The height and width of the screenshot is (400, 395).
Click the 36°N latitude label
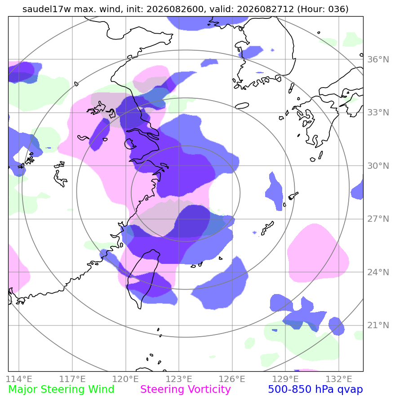378,59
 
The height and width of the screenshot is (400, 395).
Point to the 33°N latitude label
378,113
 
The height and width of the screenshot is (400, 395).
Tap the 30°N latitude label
378,166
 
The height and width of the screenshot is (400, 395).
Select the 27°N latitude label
378,219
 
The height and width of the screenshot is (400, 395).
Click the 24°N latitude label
378,272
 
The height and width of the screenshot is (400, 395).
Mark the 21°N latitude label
378,325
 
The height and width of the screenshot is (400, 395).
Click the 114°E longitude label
19,379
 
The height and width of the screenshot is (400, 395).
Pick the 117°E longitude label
72,379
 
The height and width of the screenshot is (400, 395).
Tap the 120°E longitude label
126,379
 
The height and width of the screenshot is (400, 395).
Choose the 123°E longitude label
179,379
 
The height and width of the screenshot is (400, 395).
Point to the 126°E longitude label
232,379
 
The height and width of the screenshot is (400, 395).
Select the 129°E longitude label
285,379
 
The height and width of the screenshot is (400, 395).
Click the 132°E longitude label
338,379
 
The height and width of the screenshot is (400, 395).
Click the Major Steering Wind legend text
61,390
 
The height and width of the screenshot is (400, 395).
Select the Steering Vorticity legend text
186,390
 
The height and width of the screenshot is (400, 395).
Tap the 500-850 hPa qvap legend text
315,390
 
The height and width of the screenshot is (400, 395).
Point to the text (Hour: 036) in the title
323,9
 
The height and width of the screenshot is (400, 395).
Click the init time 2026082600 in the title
175,9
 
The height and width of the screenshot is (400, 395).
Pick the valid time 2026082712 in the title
266,9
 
